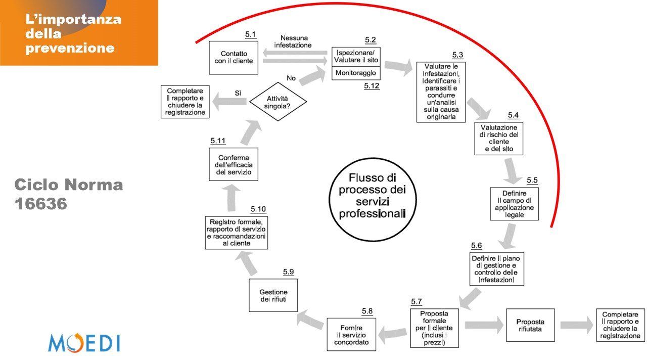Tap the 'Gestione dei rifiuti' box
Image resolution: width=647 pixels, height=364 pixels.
click(273, 295)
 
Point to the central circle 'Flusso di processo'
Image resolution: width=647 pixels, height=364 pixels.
click(372, 200)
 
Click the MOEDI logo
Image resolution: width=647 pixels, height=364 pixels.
click(84, 342)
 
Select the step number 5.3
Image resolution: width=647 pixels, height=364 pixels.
click(457, 55)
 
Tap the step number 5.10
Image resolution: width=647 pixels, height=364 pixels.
click(258, 209)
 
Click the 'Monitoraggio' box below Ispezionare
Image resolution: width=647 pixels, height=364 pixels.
click(355, 73)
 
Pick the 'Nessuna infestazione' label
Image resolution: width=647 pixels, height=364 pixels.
click(294, 41)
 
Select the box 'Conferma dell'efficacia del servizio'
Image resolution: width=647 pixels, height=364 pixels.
click(234, 165)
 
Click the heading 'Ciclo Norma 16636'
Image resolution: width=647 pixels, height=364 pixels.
click(69, 194)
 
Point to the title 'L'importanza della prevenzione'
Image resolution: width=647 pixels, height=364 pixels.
click(74, 34)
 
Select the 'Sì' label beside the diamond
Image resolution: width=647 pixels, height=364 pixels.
click(238, 93)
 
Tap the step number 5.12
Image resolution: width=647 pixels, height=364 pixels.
click(372, 86)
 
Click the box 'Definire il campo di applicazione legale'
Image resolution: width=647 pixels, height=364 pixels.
click(514, 204)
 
